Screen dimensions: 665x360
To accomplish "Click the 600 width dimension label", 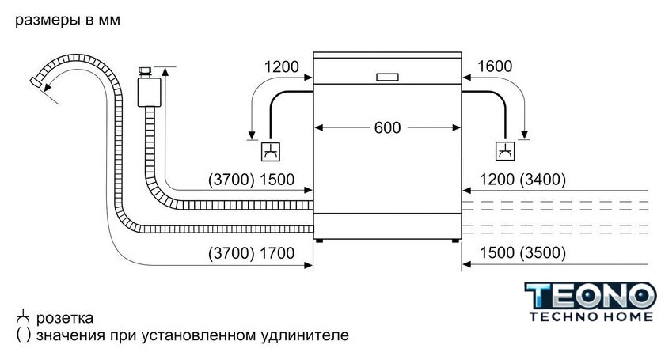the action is pyautogui.click(x=387, y=127).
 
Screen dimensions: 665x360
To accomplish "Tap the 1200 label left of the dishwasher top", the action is pyautogui.click(x=282, y=66).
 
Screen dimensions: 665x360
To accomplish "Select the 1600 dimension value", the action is pyautogui.click(x=495, y=66).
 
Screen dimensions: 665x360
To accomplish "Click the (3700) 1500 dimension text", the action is pyautogui.click(x=251, y=180).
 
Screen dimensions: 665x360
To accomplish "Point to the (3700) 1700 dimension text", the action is pyautogui.click(x=251, y=253).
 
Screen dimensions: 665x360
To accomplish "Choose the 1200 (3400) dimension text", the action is pyautogui.click(x=522, y=180).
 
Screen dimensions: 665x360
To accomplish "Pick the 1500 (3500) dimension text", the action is pyautogui.click(x=522, y=252).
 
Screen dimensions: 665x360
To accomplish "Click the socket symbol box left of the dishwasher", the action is pyautogui.click(x=271, y=151).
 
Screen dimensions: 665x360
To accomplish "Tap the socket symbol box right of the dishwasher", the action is pyautogui.click(x=505, y=151).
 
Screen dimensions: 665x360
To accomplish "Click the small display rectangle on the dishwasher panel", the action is pyautogui.click(x=387, y=78).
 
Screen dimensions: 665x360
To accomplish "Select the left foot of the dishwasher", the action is pyautogui.click(x=319, y=241).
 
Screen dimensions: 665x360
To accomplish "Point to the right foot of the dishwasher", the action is pyautogui.click(x=455, y=241).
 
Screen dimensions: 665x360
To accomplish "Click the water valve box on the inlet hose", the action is pyautogui.click(x=150, y=92).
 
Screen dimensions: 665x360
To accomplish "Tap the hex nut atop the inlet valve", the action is pyautogui.click(x=145, y=71).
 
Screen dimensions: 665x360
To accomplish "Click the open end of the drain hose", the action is pyautogui.click(x=35, y=81).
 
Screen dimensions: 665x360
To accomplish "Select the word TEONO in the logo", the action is pyautogui.click(x=590, y=296).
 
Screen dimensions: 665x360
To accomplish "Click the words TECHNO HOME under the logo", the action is pyautogui.click(x=591, y=316).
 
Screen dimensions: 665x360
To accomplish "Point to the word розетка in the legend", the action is pyautogui.click(x=64, y=318).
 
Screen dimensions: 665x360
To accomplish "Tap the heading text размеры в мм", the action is pyautogui.click(x=67, y=20).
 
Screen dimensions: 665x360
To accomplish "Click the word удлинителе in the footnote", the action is pyautogui.click(x=305, y=335).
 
